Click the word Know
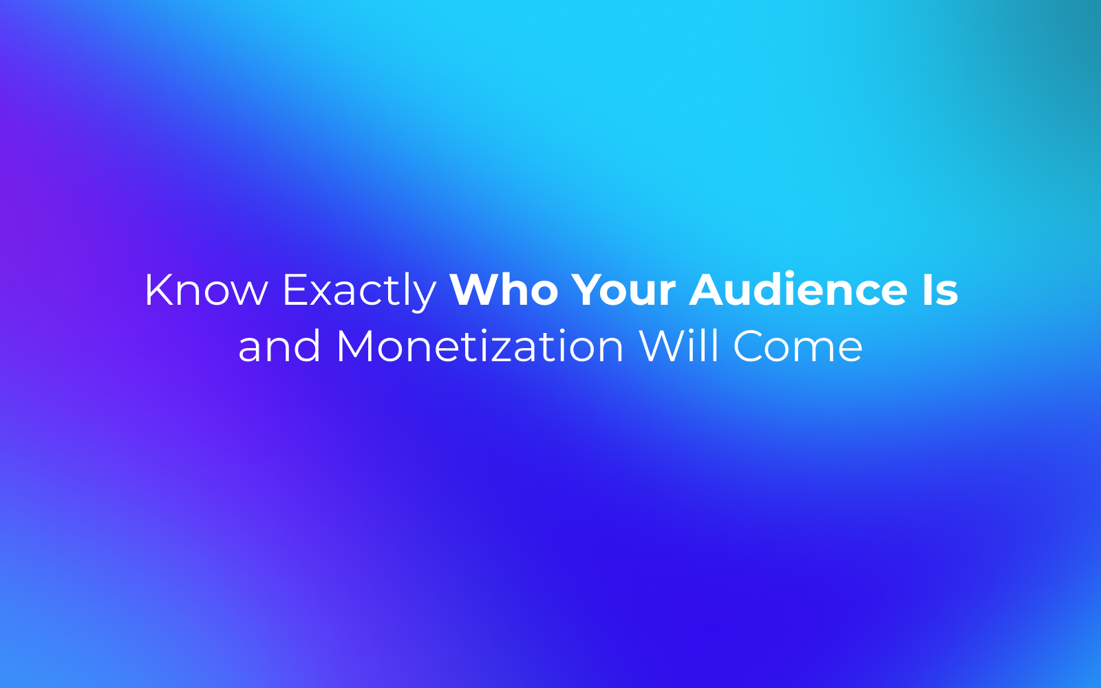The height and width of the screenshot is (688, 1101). (206, 290)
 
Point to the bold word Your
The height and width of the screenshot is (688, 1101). (624, 290)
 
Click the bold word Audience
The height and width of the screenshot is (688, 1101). (798, 289)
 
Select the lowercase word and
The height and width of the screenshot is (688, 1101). (279, 345)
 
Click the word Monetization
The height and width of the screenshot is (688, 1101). (480, 345)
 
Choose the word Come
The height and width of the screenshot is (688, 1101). (798, 347)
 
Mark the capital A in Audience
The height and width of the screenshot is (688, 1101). (708, 290)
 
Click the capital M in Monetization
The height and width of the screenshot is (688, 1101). (356, 347)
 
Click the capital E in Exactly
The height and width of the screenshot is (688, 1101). (297, 290)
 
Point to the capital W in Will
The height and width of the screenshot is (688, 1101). (663, 347)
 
